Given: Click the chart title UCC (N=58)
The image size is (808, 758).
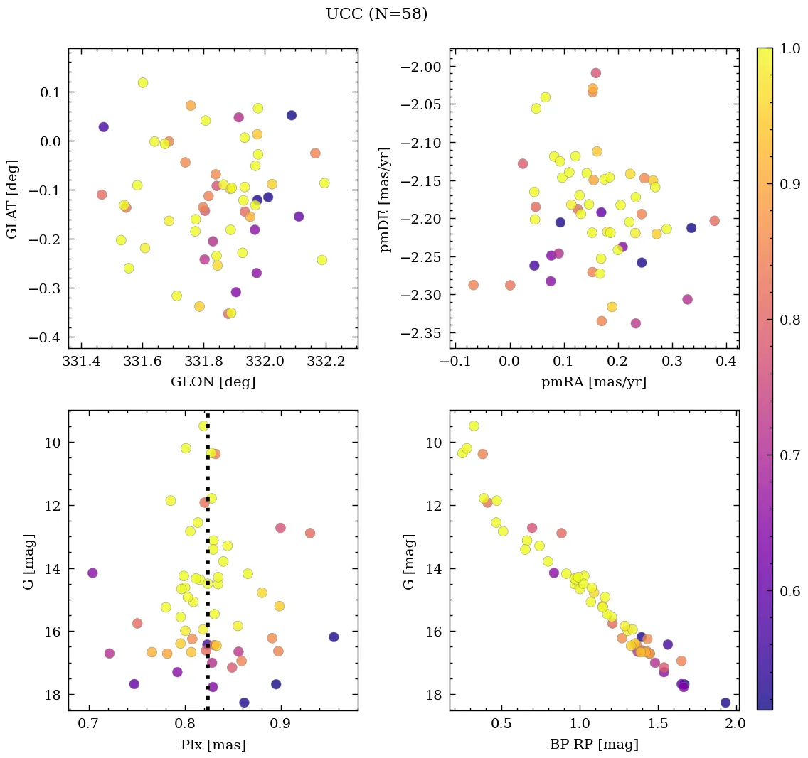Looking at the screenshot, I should (376, 14).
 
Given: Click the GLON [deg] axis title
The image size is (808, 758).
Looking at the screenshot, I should (213, 382).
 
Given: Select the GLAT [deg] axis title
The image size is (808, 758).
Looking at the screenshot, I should (12, 198).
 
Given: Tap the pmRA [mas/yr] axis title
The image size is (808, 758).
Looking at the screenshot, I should (594, 382).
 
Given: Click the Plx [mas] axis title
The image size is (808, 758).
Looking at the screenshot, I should (213, 745).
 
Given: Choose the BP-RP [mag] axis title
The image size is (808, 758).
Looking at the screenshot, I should (594, 745).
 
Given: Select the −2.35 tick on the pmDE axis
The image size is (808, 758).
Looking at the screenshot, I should (422, 333).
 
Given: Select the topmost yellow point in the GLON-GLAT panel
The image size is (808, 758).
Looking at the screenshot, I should (143, 83).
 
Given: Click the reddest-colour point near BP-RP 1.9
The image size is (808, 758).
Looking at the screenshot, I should (725, 703).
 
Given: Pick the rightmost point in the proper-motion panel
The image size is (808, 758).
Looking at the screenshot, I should (714, 221).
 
